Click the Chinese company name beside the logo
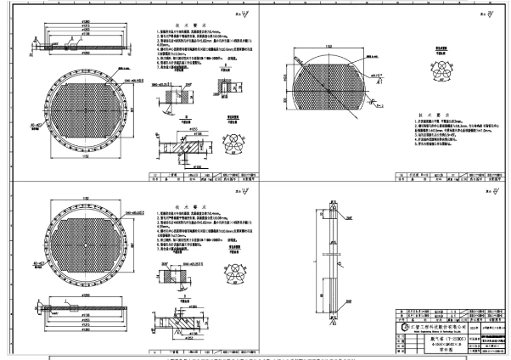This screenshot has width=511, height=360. pyautogui.click(x=439, y=323)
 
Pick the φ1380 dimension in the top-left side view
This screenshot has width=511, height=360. pyautogui.click(x=86, y=21)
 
